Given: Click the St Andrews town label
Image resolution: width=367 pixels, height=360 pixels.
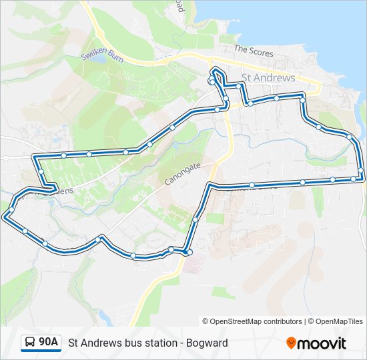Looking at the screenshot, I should coord(268,78).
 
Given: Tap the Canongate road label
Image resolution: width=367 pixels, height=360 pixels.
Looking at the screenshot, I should coord(182,175).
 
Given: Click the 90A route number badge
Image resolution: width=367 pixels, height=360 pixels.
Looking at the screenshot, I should coord(48,342).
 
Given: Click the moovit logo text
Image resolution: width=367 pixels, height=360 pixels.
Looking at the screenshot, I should coord(322,343).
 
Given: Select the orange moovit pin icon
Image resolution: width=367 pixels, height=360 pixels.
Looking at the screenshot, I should coord(291,343).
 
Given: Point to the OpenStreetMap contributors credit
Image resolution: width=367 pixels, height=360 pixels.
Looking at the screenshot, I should coord(252,321).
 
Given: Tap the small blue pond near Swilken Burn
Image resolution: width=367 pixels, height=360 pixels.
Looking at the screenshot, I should coord(98,59).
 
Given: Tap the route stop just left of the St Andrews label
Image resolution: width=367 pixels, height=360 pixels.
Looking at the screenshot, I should coord(238,85).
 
